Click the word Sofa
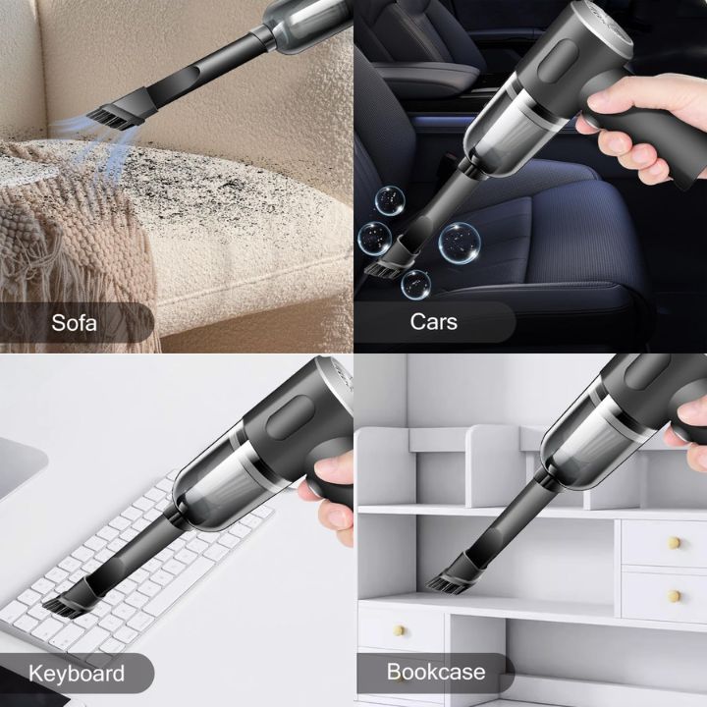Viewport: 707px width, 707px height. click(75, 322)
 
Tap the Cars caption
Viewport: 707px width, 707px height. click(433, 322)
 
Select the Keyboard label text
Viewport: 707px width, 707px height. click(77, 674)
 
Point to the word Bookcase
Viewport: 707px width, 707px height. click(435, 673)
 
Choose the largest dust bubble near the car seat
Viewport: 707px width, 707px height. click(459, 242)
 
